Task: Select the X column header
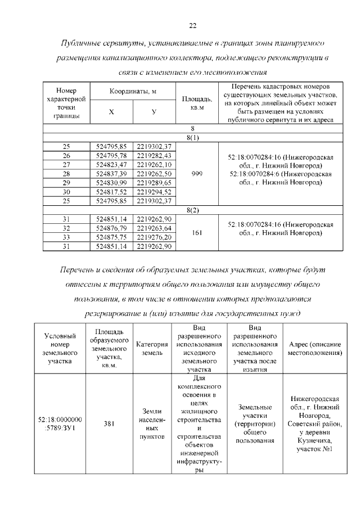point(111,112)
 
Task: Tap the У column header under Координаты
point(154,112)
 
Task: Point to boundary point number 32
point(66,228)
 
